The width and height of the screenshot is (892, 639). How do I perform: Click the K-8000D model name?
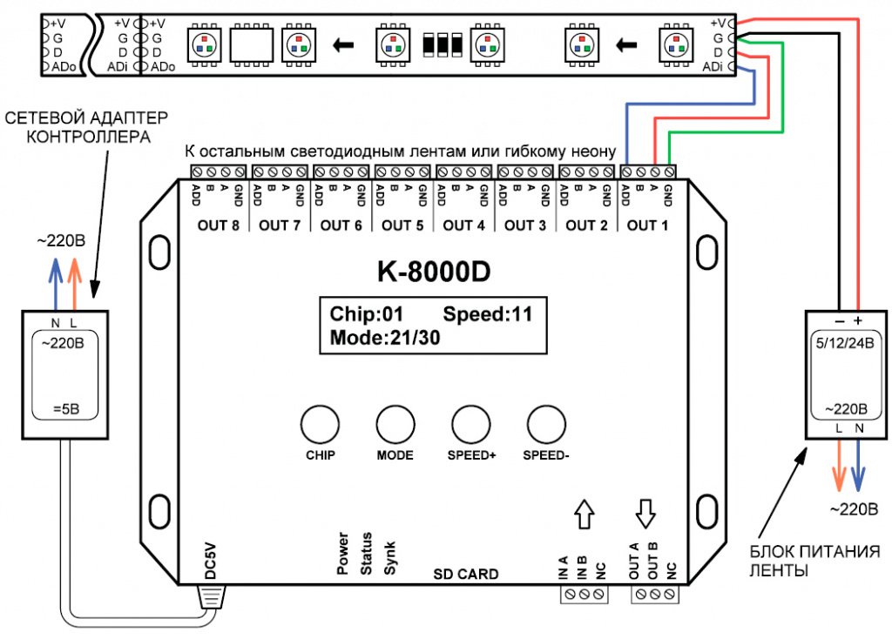click(x=433, y=272)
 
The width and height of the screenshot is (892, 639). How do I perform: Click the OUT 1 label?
click(x=642, y=225)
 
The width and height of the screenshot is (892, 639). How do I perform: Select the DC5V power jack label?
click(x=208, y=559)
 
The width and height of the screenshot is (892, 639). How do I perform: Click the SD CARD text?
click(x=466, y=574)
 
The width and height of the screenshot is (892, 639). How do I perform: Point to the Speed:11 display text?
click(x=487, y=314)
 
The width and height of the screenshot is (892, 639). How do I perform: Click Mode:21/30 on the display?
click(x=384, y=338)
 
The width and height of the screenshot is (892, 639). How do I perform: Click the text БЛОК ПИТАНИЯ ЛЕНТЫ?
click(x=787, y=562)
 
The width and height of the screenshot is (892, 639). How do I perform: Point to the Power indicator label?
click(x=343, y=554)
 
